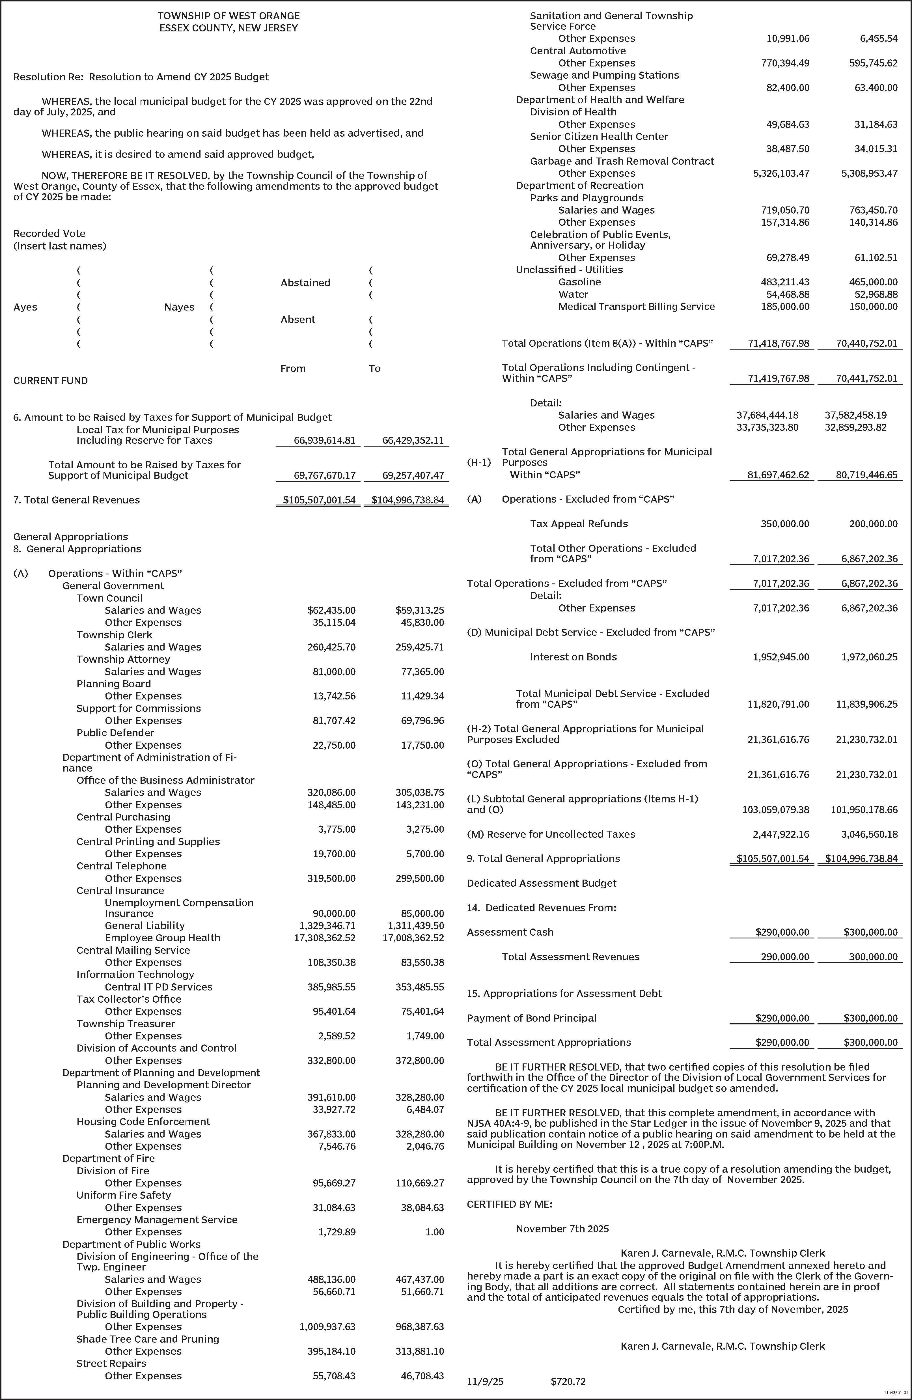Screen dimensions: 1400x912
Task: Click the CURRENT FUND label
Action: (51, 381)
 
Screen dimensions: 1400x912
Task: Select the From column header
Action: (293, 368)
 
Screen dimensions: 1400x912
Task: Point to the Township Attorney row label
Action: (123, 659)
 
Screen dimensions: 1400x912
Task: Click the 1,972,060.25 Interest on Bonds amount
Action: (869, 657)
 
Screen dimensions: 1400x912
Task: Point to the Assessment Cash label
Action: (510, 932)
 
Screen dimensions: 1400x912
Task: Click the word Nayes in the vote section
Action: (179, 307)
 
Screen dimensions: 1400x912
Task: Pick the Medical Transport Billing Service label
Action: (636, 307)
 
